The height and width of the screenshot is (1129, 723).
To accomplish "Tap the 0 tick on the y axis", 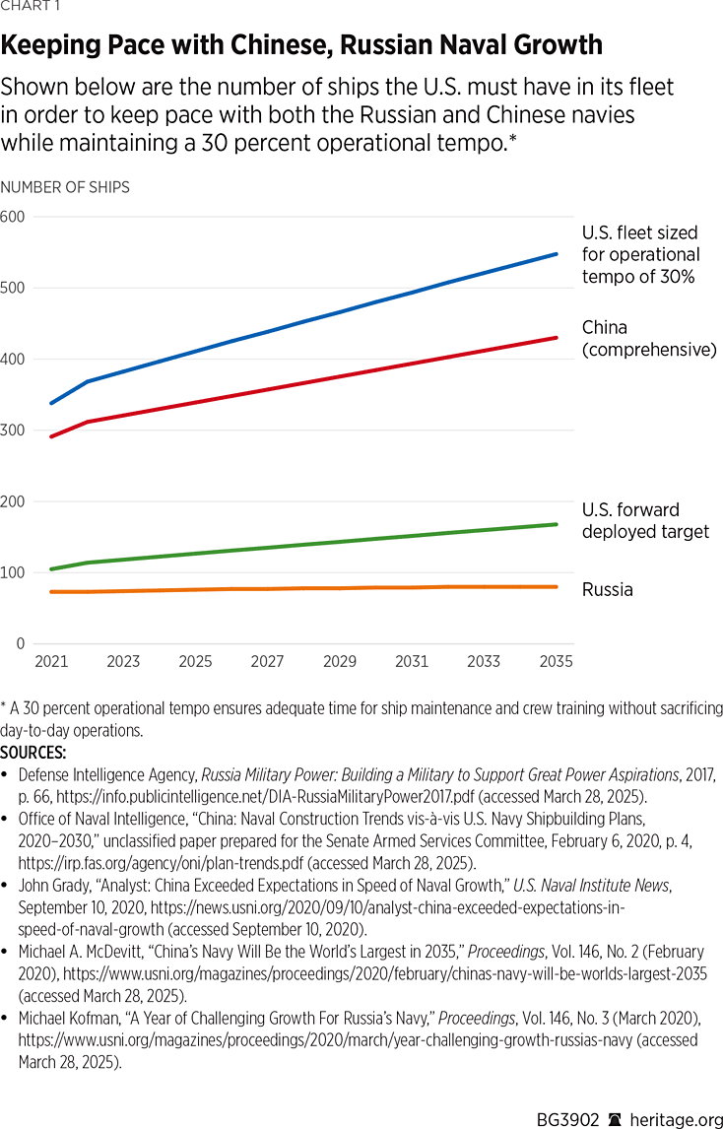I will point(20,644).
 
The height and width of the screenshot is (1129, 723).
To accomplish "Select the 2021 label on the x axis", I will point(51,662).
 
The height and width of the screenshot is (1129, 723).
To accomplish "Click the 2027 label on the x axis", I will point(267,662).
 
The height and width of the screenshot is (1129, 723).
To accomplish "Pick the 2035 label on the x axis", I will point(556,662).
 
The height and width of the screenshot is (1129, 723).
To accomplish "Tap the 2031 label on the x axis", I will point(412,662).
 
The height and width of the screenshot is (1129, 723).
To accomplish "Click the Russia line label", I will point(607,590).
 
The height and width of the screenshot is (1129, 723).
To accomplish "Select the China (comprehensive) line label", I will point(648,338).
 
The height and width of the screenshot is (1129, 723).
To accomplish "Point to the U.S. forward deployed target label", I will point(644,521).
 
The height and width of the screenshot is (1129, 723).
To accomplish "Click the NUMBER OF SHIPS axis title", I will point(65,187).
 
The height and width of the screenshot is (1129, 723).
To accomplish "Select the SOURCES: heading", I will point(33,753).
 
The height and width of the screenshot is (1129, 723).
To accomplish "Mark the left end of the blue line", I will point(51,403).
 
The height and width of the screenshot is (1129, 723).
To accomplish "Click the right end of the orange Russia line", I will point(557,587).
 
